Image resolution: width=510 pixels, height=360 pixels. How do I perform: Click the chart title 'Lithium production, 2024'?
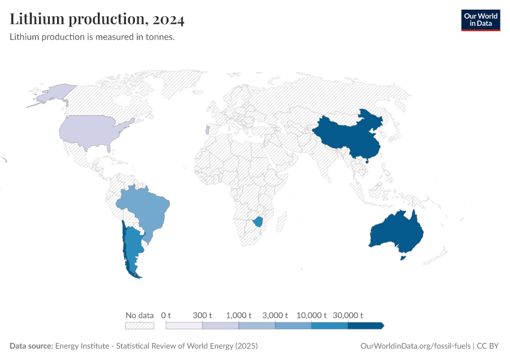pos(97,19)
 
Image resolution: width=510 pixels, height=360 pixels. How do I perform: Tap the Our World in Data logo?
pos(480,20)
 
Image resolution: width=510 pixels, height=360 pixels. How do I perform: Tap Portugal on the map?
pos(207,130)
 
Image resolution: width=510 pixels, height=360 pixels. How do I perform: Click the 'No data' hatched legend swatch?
pos(139,326)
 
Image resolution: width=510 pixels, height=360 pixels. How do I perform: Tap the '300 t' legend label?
pos(203,315)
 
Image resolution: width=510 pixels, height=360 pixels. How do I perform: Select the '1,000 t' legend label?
pos(239,315)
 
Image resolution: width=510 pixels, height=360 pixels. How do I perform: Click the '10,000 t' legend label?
pos(312,315)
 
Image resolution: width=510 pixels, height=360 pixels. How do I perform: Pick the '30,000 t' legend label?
pos(349,315)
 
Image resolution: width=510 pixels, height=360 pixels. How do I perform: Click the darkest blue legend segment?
pos(365,326)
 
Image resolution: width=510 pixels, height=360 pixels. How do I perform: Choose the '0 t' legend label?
pos(166,315)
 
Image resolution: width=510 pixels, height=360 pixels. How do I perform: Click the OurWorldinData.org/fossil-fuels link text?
pos(415,346)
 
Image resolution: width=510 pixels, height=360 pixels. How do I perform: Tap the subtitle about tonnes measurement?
pos(92,37)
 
